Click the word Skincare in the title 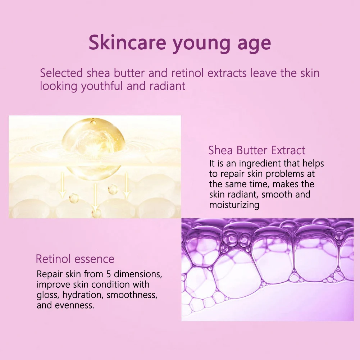pyautogui.click(x=127, y=42)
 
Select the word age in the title pyautogui.click(x=254, y=45)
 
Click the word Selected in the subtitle pyautogui.click(x=61, y=73)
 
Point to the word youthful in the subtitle pyautogui.click(x=102, y=86)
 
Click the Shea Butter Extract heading pyautogui.click(x=257, y=150)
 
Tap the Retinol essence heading pyautogui.click(x=75, y=259)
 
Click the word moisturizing pyautogui.click(x=234, y=205)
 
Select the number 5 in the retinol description pyautogui.click(x=109, y=274)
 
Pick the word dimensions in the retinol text pyautogui.click(x=138, y=274)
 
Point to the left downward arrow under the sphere pyautogui.click(x=62, y=185)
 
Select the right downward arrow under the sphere pyautogui.click(x=126, y=185)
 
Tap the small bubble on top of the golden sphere pyautogui.click(x=93, y=122)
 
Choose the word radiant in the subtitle pyautogui.click(x=167, y=86)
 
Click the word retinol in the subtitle pyautogui.click(x=187, y=73)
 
